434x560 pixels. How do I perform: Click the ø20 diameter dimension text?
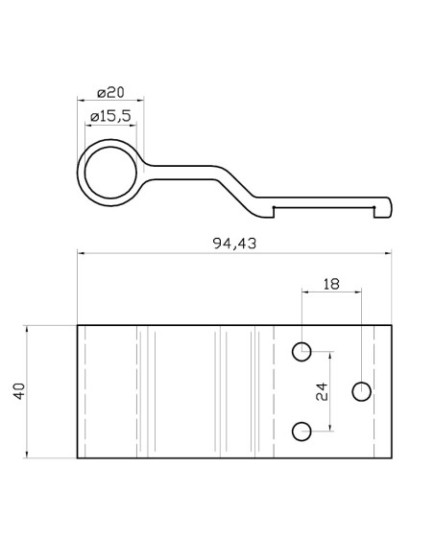click(111, 93)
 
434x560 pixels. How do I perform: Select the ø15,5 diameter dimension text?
click(109, 116)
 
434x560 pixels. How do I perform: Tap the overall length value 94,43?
click(234, 244)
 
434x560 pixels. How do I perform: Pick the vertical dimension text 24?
click(322, 391)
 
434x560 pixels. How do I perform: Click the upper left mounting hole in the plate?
click(302, 351)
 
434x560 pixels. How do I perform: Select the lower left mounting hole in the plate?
click(302, 431)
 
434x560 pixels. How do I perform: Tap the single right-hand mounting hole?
click(361, 390)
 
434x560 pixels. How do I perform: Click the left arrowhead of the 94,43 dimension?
click(81, 254)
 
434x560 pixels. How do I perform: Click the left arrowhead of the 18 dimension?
click(305, 292)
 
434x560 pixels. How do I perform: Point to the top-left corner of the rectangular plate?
click(78, 325)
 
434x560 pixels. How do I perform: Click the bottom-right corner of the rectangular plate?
click(391, 458)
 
